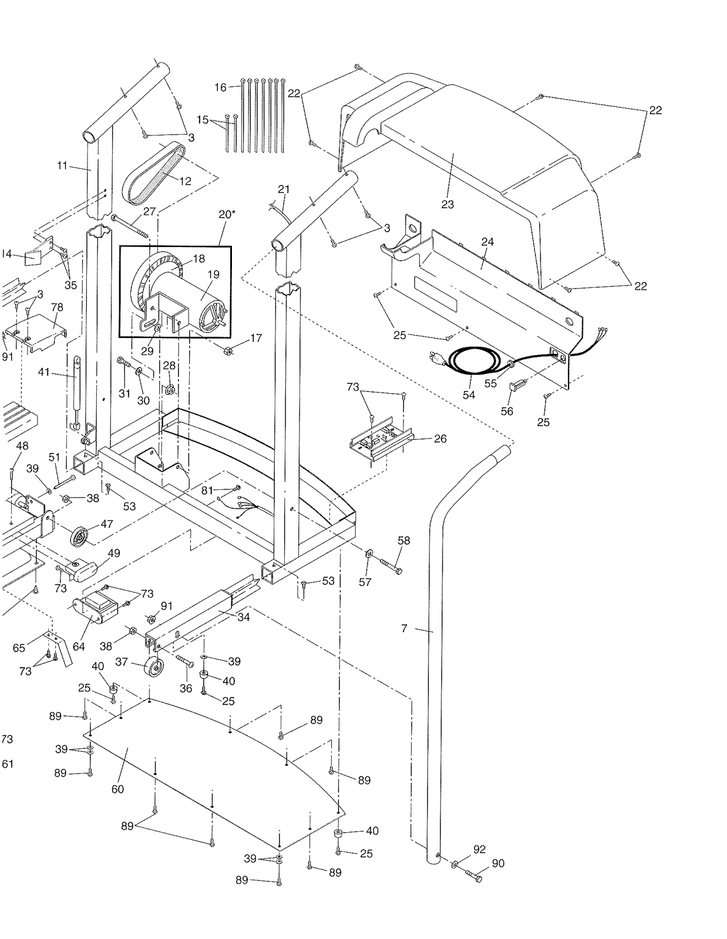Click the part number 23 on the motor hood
[x=447, y=204]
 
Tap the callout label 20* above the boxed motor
[x=227, y=214]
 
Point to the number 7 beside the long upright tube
[x=404, y=629]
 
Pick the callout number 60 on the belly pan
[x=117, y=789]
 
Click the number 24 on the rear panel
[x=487, y=241]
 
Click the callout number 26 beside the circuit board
[x=440, y=438]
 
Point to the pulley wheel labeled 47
[x=79, y=536]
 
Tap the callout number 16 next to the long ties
[x=220, y=87]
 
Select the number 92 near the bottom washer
[x=479, y=849]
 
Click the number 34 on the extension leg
[x=243, y=617]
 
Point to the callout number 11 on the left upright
[x=63, y=165]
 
